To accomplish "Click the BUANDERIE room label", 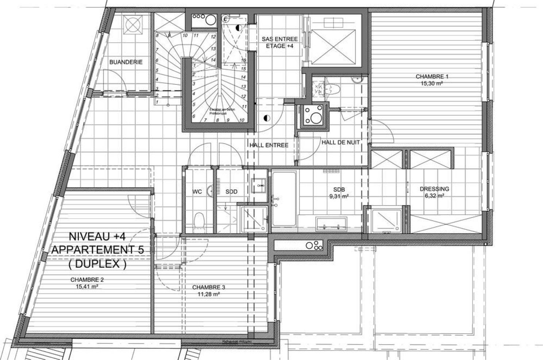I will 126,62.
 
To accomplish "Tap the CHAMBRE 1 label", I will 432,77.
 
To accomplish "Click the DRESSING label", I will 434,189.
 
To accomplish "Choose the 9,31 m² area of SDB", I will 339,196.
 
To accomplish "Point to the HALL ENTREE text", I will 269,145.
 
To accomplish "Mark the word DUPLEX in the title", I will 97,264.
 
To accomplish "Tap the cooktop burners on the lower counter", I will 315,246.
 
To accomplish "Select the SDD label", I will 231,191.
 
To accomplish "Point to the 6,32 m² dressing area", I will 434,196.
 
